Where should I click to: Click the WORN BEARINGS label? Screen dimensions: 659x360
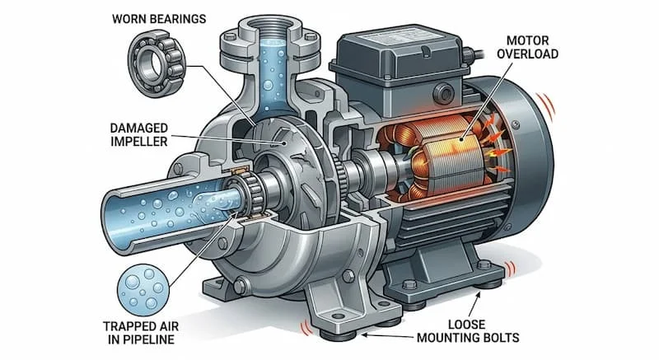[x=159, y=19]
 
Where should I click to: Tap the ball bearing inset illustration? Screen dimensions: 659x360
[x=157, y=63]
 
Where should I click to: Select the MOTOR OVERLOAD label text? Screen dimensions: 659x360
[x=527, y=47]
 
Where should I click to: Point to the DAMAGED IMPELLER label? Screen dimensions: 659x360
[x=139, y=134]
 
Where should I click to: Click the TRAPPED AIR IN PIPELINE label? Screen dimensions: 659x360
[x=141, y=333]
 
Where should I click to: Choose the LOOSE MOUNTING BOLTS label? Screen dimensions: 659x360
[x=468, y=330]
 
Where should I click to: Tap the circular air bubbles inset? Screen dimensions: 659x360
[x=143, y=290]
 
